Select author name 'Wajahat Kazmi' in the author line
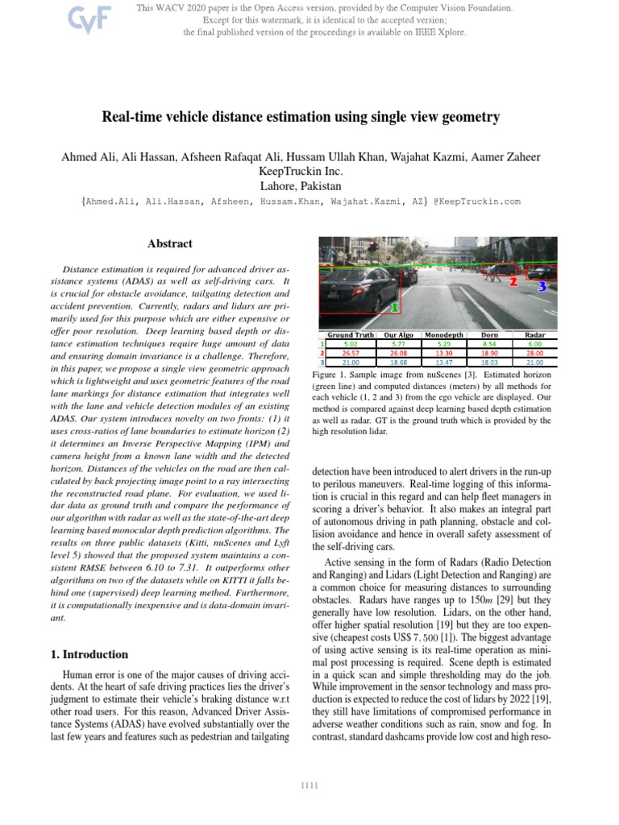(447, 156)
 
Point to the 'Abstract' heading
(169, 243)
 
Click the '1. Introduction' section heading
(89, 654)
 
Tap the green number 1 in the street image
(394, 307)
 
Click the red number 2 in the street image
(513, 282)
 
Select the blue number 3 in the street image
(542, 285)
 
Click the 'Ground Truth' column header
(351, 334)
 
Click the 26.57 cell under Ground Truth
(351, 352)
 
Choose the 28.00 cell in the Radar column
(535, 352)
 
